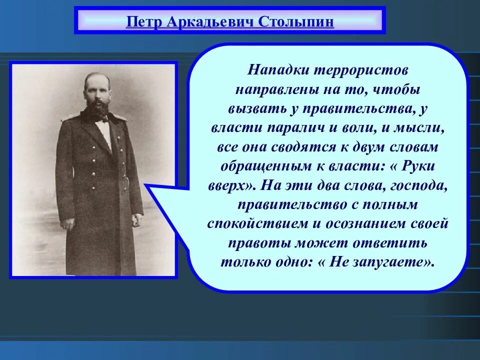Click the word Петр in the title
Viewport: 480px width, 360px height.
(x=142, y=22)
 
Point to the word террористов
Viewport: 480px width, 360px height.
(x=360, y=69)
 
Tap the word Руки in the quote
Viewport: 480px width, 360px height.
(x=421, y=166)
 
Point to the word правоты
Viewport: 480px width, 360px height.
(x=250, y=243)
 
